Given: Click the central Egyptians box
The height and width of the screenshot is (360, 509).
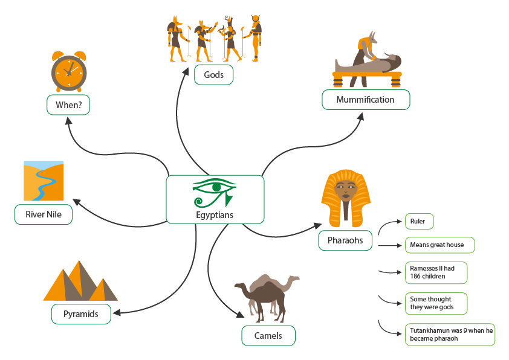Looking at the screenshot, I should pyautogui.click(x=215, y=199).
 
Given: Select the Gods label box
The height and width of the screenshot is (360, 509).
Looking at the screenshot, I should pyautogui.click(x=213, y=75).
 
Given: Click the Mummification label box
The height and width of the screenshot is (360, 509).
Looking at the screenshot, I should pyautogui.click(x=365, y=100).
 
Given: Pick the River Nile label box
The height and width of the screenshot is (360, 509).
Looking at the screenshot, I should pyautogui.click(x=44, y=214).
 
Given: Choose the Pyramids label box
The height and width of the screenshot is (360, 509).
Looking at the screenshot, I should pyautogui.click(x=80, y=314).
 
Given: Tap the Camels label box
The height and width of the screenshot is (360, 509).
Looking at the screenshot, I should pyautogui.click(x=268, y=336).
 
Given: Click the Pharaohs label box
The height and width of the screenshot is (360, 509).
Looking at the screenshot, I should pyautogui.click(x=345, y=240).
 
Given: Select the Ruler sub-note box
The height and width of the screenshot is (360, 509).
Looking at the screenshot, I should pyautogui.click(x=419, y=221).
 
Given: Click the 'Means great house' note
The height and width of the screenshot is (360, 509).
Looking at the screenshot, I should pyautogui.click(x=439, y=245).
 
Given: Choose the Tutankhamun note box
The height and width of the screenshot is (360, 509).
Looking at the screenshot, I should pyautogui.click(x=450, y=334).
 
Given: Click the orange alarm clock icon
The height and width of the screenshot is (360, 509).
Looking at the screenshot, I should pyautogui.click(x=68, y=71).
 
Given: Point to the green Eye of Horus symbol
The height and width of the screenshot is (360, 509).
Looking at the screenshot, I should pyautogui.click(x=214, y=191).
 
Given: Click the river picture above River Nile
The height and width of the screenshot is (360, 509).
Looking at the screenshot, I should pyautogui.click(x=44, y=181).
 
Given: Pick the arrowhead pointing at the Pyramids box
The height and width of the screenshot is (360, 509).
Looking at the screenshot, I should pyautogui.click(x=115, y=312).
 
